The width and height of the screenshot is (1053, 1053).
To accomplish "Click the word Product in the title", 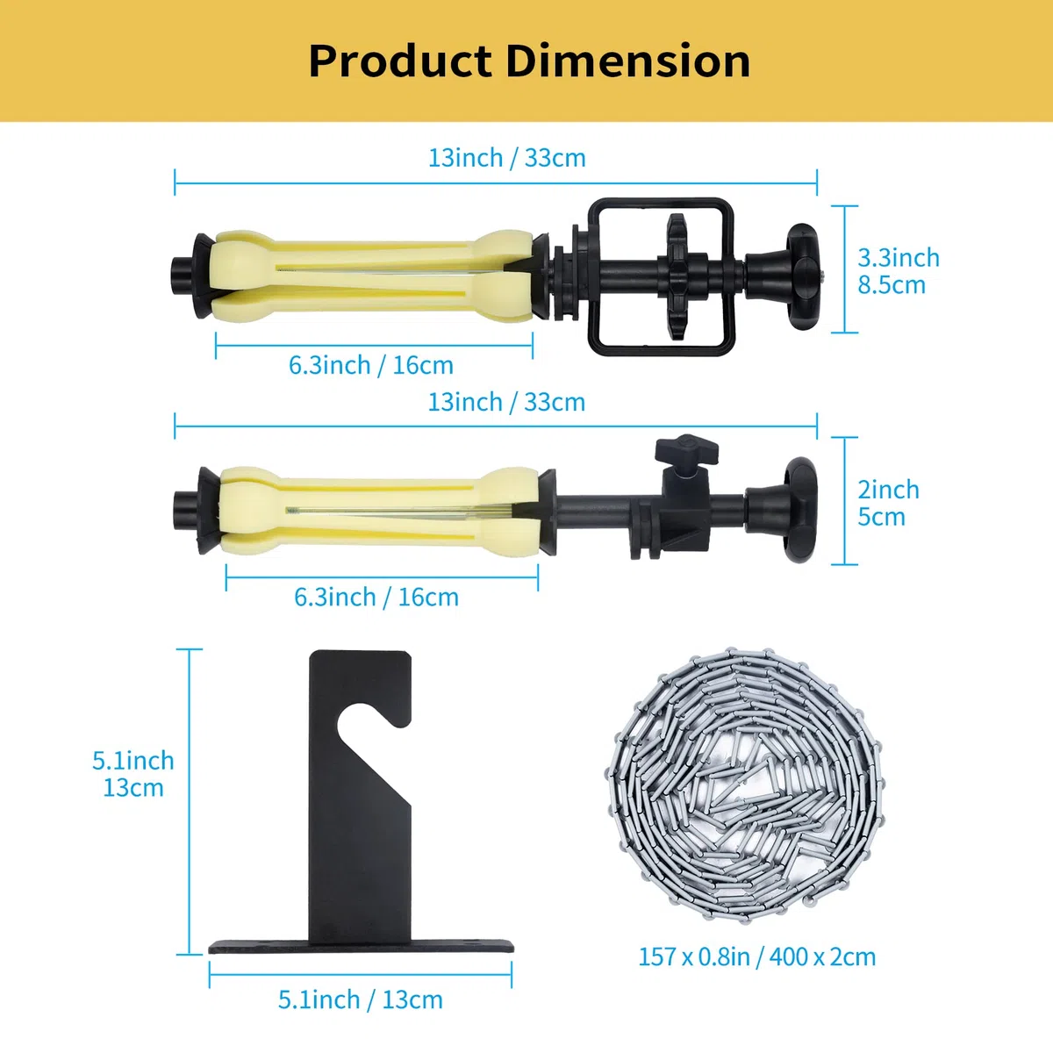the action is (x=400, y=61).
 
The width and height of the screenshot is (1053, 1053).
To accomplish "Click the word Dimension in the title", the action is (x=628, y=61).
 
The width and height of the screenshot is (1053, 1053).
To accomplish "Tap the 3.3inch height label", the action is (x=899, y=258).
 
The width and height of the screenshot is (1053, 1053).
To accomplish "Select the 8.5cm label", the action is (x=892, y=285).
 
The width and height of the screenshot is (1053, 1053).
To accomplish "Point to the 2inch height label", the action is (x=889, y=489).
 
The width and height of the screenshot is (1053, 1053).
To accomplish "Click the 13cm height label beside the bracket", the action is (x=133, y=787).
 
